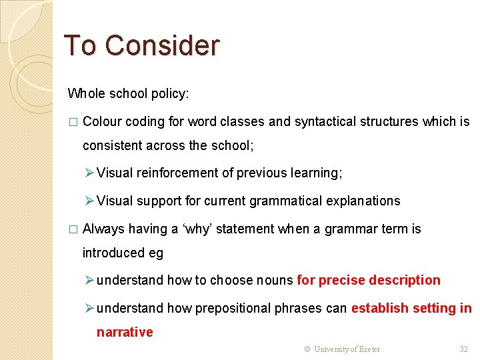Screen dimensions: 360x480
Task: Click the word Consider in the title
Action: tap(162, 45)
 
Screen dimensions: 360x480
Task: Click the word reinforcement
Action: tap(177, 173)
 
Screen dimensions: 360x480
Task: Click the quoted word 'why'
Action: tap(199, 229)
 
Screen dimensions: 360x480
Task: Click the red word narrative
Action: tap(125, 332)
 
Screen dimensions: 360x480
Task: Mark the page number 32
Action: tap(464, 349)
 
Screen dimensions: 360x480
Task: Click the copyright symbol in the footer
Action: tap(307, 349)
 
